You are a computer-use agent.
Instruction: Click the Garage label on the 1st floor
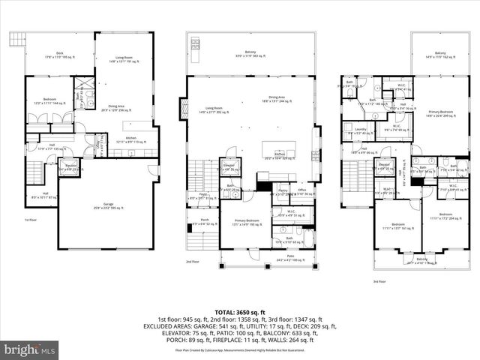[109, 205]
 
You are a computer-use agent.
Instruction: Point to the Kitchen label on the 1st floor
[130, 138]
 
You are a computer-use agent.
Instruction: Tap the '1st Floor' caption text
[31, 219]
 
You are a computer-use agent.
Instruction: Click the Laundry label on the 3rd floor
[360, 130]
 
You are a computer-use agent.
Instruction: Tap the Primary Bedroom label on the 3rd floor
[440, 113]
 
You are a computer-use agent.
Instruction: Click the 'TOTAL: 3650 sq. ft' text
[240, 311]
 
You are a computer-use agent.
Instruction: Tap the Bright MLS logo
[30, 349]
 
